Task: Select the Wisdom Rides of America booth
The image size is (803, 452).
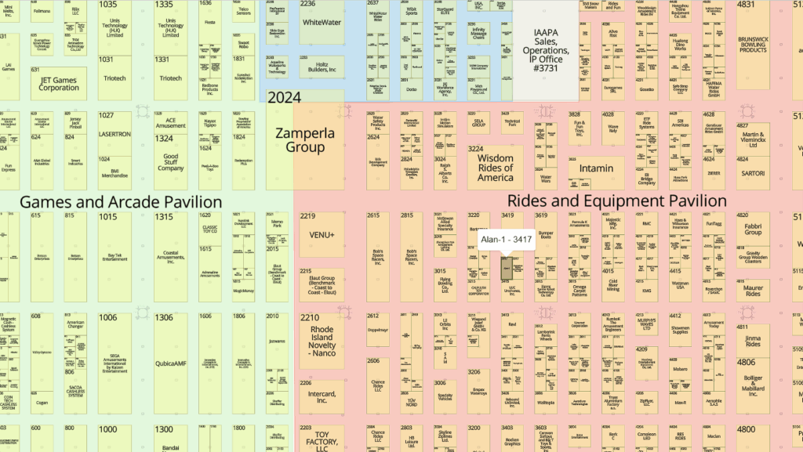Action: [495, 168]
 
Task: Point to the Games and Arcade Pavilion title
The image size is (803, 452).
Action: [121, 201]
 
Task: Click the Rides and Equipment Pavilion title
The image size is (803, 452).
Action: [616, 201]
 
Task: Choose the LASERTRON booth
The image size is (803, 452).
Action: [114, 135]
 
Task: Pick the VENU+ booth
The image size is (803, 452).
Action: [322, 235]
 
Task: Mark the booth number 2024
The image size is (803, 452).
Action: [284, 98]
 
